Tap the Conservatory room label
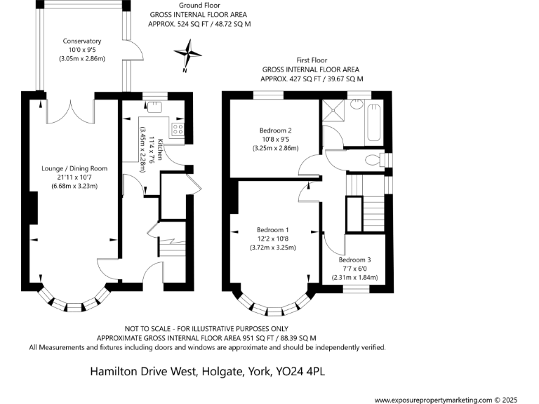(x=82, y=41)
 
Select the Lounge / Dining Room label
(x=74, y=168)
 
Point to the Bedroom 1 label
(x=273, y=230)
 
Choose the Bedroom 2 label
(x=275, y=130)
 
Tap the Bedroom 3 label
(x=354, y=260)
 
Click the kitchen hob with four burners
(x=178, y=129)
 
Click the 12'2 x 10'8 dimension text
(x=273, y=238)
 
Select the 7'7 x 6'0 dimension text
(x=354, y=269)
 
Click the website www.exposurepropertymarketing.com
(x=433, y=400)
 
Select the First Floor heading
(x=312, y=61)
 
